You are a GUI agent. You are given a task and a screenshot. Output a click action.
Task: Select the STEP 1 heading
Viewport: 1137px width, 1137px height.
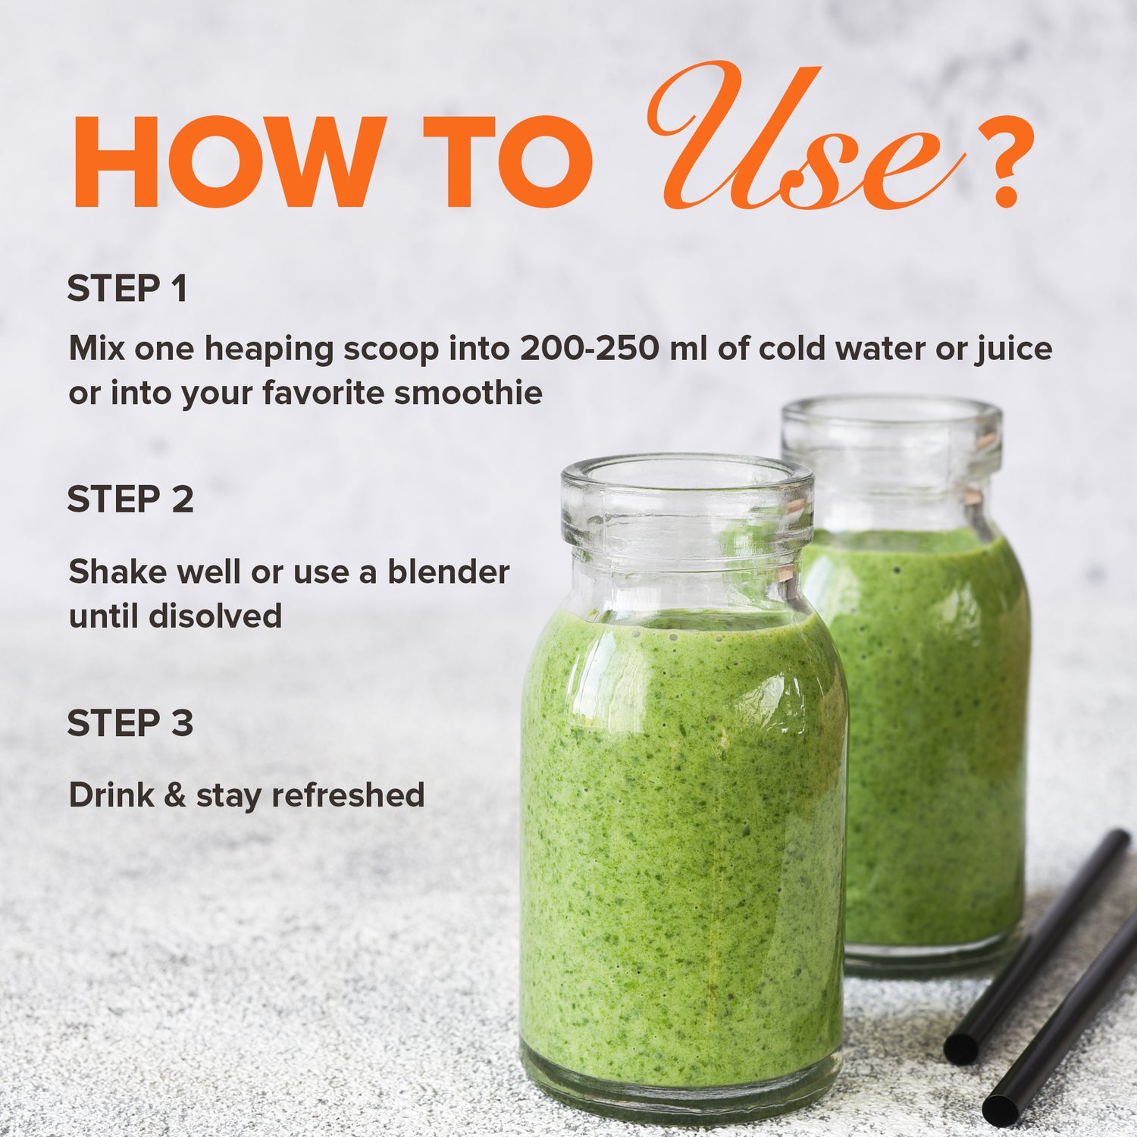(x=127, y=289)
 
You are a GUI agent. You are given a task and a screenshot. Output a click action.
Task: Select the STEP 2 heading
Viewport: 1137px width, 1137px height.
(x=130, y=500)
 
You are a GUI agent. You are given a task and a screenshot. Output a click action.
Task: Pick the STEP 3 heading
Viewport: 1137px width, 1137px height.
(x=130, y=723)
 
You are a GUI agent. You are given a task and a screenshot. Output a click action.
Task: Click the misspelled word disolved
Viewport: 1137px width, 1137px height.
(x=215, y=615)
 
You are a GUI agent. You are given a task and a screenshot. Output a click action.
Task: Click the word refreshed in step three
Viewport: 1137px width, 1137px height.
(x=348, y=795)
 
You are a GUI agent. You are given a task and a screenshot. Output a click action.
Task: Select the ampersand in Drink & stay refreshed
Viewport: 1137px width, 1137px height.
(x=175, y=795)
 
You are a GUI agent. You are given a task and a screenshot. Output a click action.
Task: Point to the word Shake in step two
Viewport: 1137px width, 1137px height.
(x=117, y=572)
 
